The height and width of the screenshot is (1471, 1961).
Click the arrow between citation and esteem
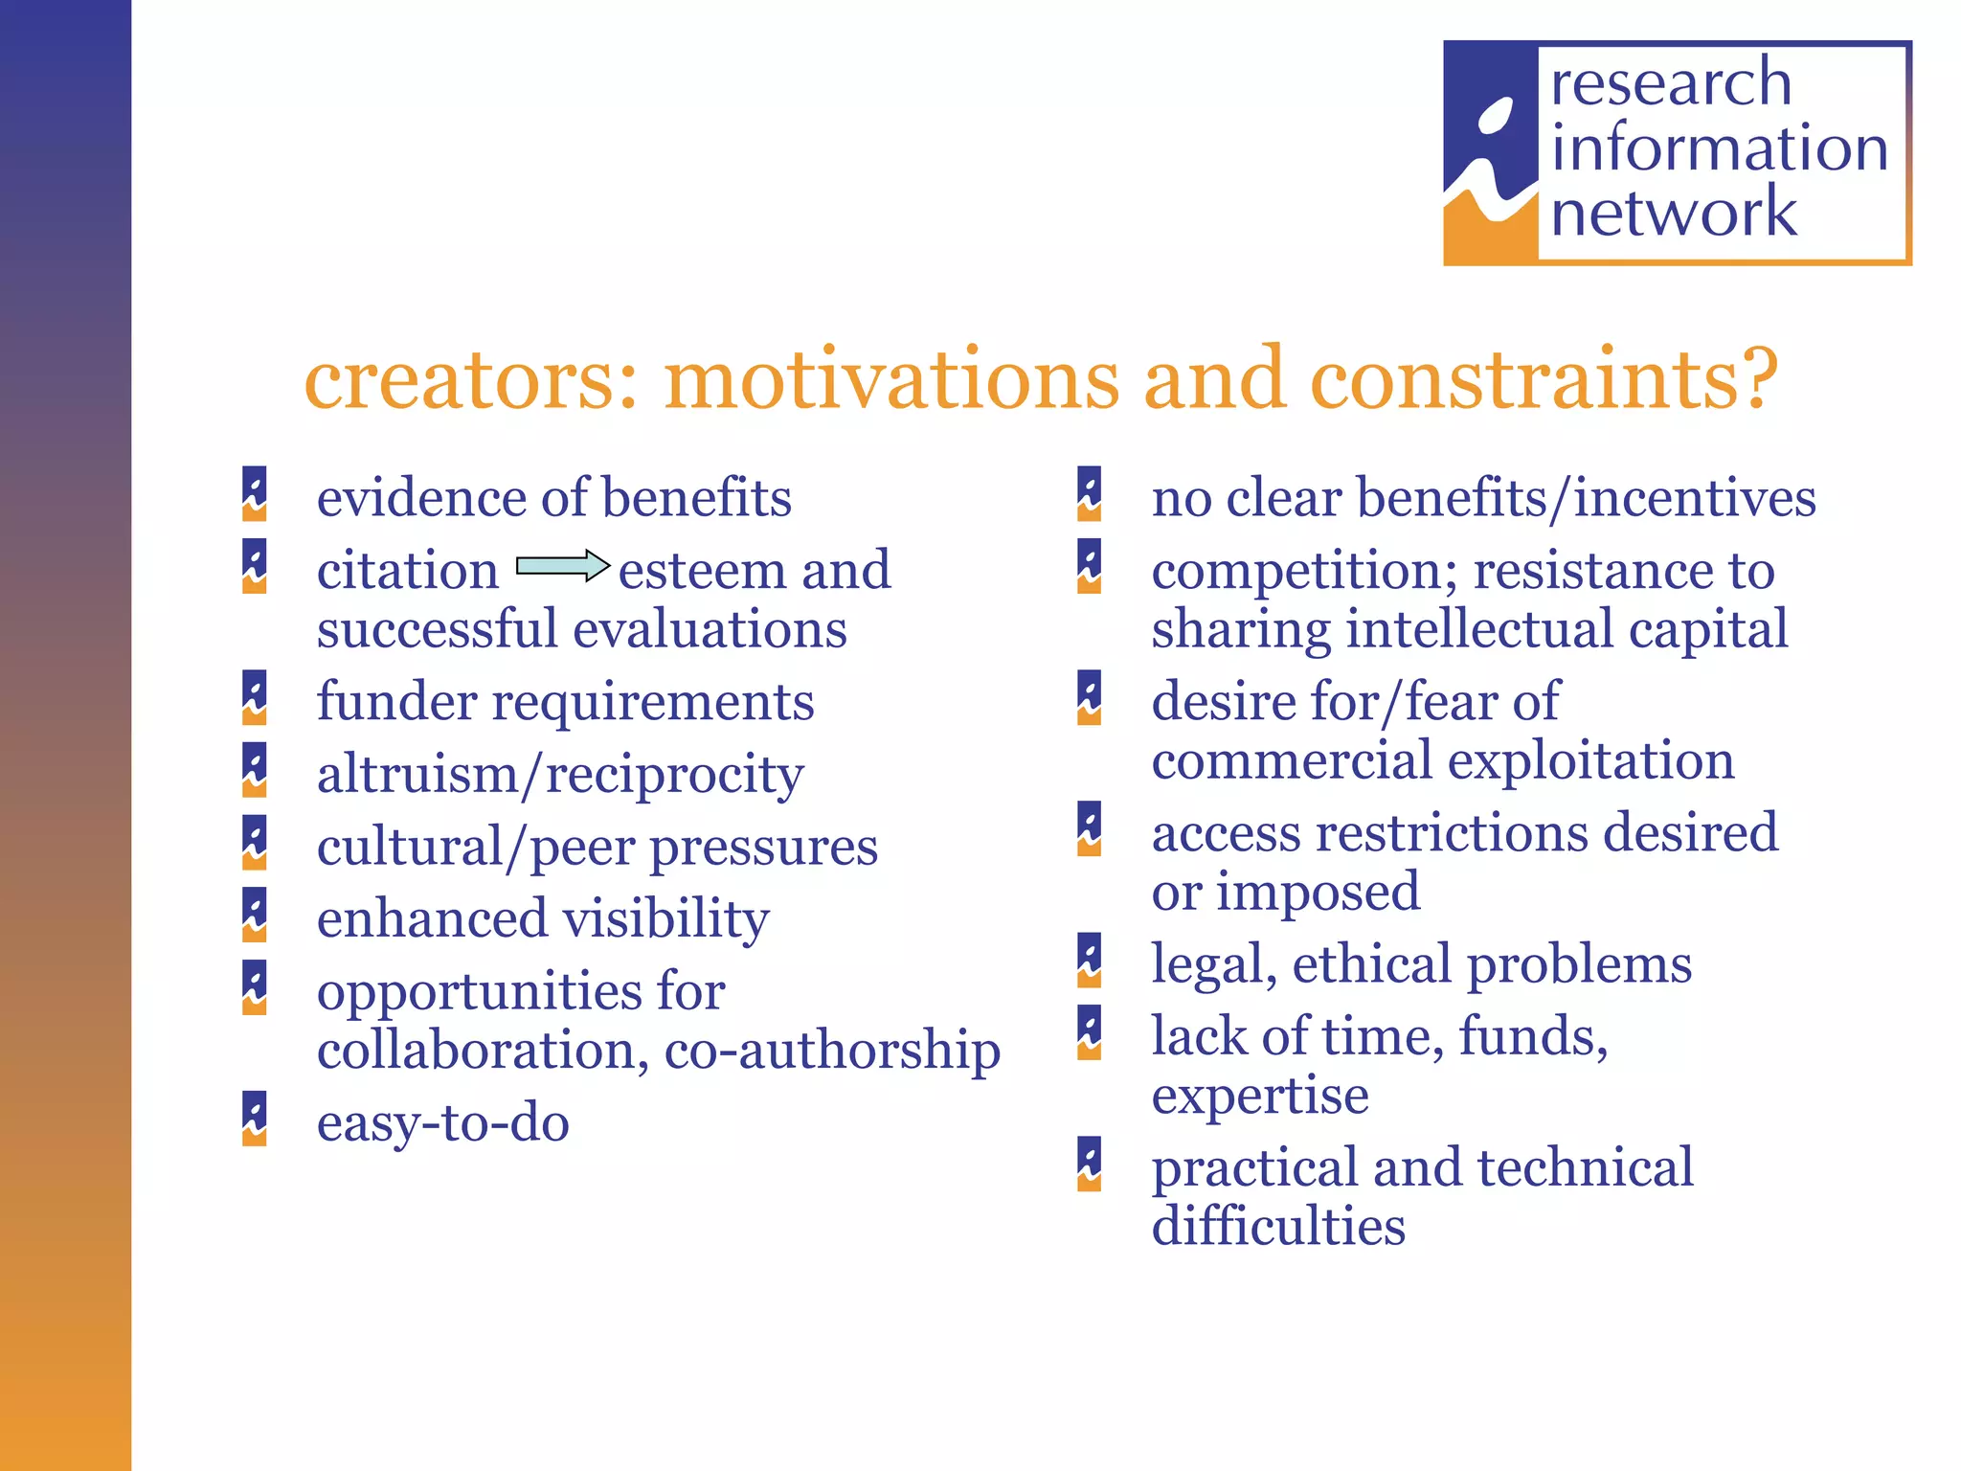pos(563,566)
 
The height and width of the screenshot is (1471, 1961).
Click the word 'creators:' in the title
pos(470,380)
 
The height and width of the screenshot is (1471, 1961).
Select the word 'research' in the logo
pos(1671,82)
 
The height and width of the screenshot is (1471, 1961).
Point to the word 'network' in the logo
pos(1674,213)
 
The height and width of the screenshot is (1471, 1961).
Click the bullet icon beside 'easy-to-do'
pos(254,1119)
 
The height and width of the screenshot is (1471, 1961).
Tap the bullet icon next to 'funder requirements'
pos(254,697)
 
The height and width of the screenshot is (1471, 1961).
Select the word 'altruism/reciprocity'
pos(560,775)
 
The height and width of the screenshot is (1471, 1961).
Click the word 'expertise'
pos(1260,1096)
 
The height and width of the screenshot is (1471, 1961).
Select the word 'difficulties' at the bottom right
pos(1278,1226)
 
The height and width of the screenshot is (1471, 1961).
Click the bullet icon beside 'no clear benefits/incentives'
pos(1089,494)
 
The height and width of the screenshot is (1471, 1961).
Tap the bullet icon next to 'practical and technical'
pos(1089,1164)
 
